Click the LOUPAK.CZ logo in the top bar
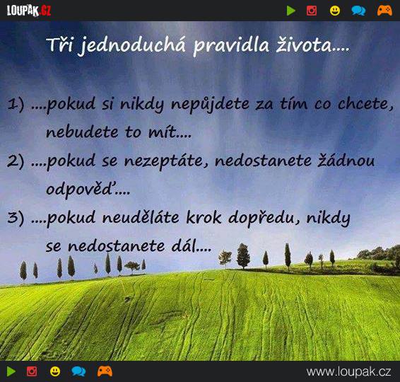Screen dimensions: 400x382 point(29,11)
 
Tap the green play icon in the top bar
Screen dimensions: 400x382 point(291,11)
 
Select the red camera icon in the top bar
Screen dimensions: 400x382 point(312,11)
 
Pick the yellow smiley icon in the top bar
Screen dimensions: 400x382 point(335,11)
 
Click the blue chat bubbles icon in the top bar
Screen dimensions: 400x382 point(358,11)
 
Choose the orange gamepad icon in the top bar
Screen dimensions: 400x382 point(384,11)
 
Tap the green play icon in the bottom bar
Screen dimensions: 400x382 point(11,371)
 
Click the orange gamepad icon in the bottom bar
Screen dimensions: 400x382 point(105,371)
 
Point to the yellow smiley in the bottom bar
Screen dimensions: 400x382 point(55,371)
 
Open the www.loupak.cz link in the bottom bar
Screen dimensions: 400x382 point(348,372)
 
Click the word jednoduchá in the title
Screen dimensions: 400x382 point(131,46)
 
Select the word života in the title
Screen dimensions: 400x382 point(304,45)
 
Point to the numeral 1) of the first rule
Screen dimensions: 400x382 point(16,104)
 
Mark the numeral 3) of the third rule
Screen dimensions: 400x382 point(16,218)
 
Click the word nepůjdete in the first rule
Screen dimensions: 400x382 point(210,105)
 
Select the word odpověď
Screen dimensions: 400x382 point(81,190)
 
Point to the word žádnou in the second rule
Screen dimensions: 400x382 point(346,161)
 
